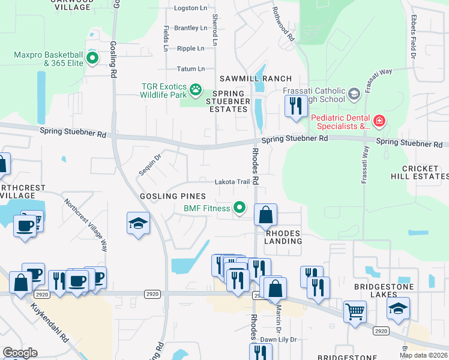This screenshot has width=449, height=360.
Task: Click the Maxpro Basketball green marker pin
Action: point(92,58)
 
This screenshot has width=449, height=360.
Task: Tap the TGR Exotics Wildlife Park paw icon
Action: point(196,90)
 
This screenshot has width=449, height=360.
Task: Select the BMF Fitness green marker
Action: point(240,208)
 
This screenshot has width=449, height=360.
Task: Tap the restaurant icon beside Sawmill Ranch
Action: point(295,106)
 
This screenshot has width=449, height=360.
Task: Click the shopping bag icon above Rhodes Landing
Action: point(265,214)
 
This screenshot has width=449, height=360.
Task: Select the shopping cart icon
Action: point(355,311)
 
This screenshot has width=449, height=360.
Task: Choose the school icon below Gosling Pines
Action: point(138,223)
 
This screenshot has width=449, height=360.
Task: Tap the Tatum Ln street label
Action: point(190,69)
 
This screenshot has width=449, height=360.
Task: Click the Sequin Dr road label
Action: point(150,164)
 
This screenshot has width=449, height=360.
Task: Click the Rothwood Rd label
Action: point(283,24)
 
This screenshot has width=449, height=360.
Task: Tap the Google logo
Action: point(20,353)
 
